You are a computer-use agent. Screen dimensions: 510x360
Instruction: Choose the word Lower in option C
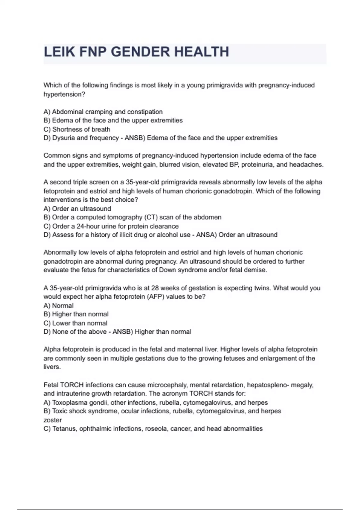(x=61, y=323)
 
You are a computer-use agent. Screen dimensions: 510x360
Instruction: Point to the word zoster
(x=52, y=420)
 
